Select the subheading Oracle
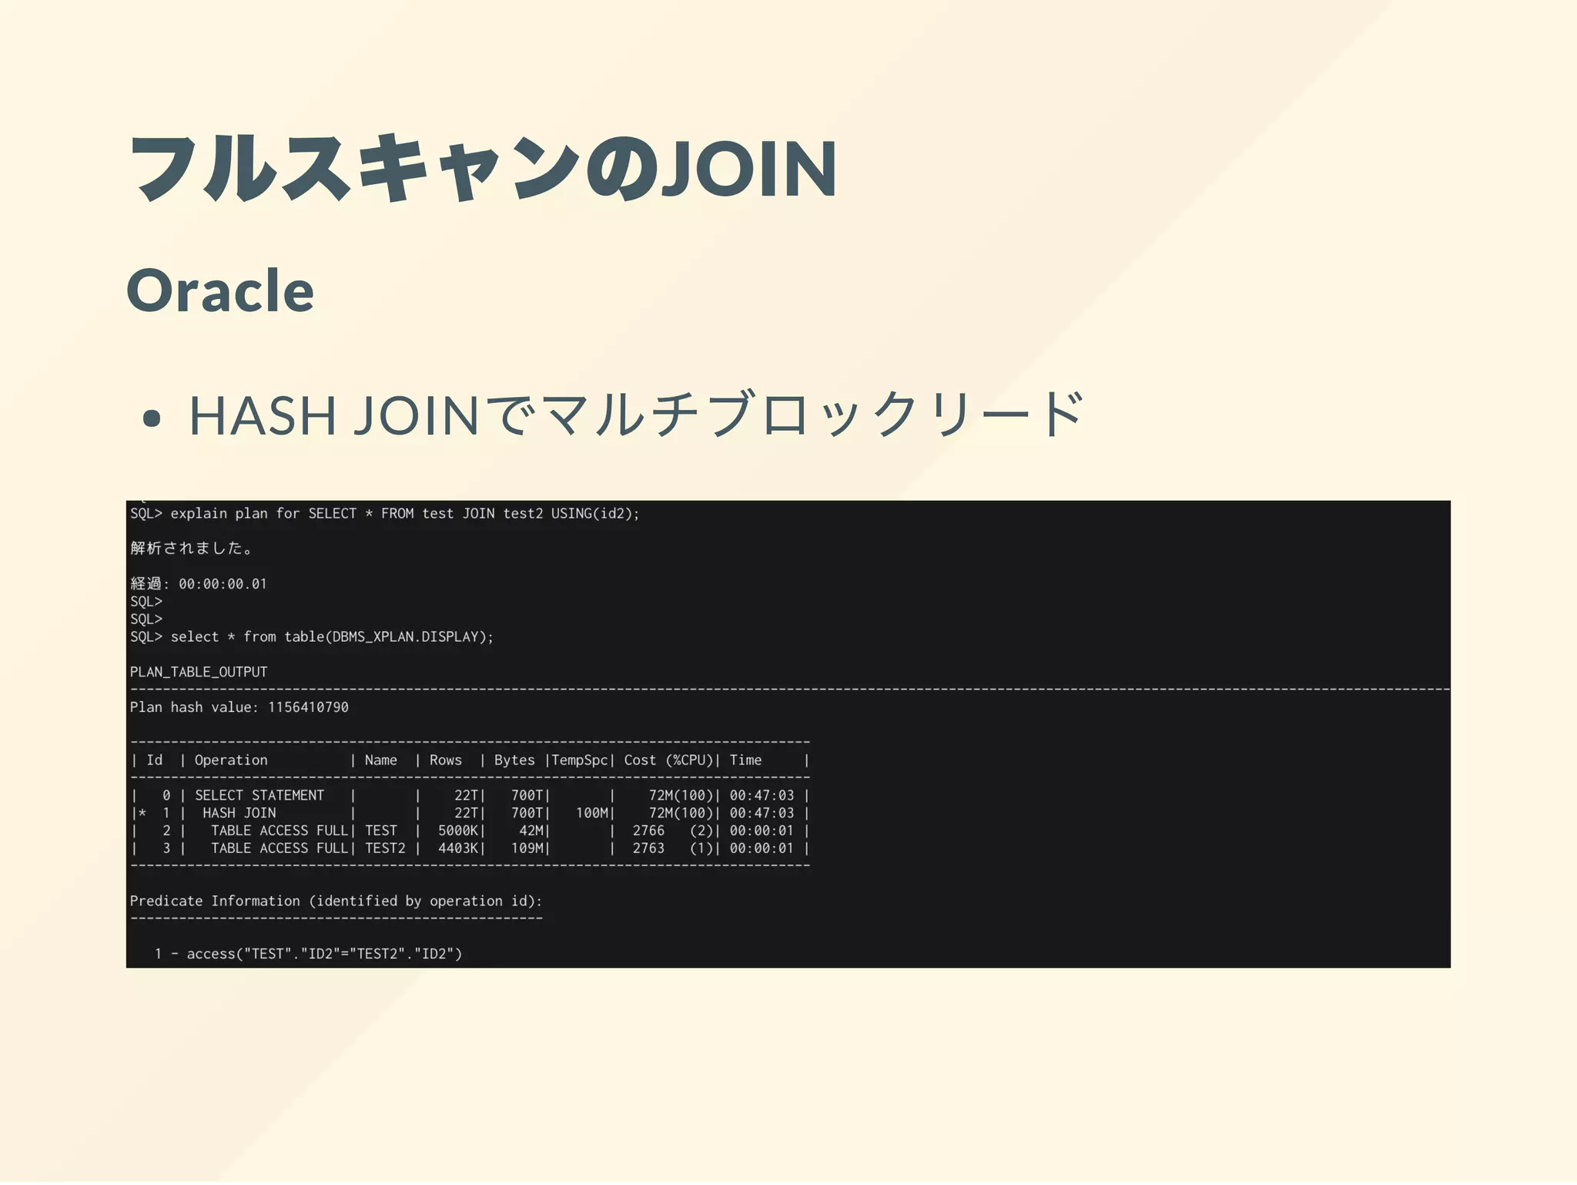220,290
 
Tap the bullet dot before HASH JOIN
152,418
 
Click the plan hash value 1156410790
308,707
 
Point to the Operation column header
231,760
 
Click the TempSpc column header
579,760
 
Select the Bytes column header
514,760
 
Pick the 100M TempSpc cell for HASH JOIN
592,813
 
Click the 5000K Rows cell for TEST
458,831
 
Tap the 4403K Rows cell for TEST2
458,848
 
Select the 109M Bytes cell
527,848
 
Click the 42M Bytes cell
531,831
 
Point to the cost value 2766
648,831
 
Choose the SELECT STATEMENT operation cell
259,795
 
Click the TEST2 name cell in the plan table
385,848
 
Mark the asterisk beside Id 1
142,813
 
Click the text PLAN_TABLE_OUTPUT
199,672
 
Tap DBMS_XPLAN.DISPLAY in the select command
406,637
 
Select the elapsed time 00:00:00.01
223,584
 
